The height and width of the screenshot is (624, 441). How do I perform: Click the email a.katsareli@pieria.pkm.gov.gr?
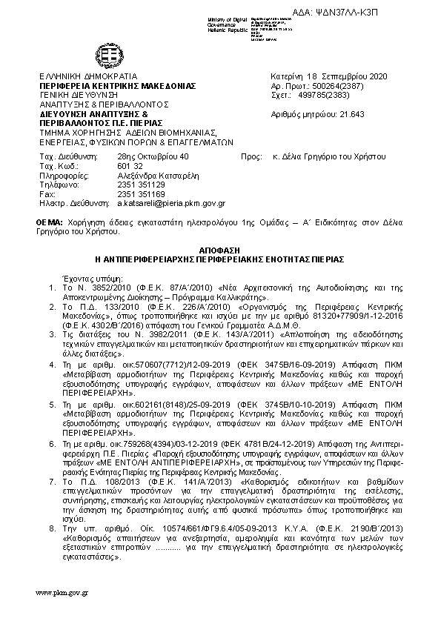pyautogui.click(x=171, y=202)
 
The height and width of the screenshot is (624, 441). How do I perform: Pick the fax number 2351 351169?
pyautogui.click(x=141, y=193)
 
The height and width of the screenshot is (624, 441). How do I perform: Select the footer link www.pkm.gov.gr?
pyautogui.click(x=62, y=594)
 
